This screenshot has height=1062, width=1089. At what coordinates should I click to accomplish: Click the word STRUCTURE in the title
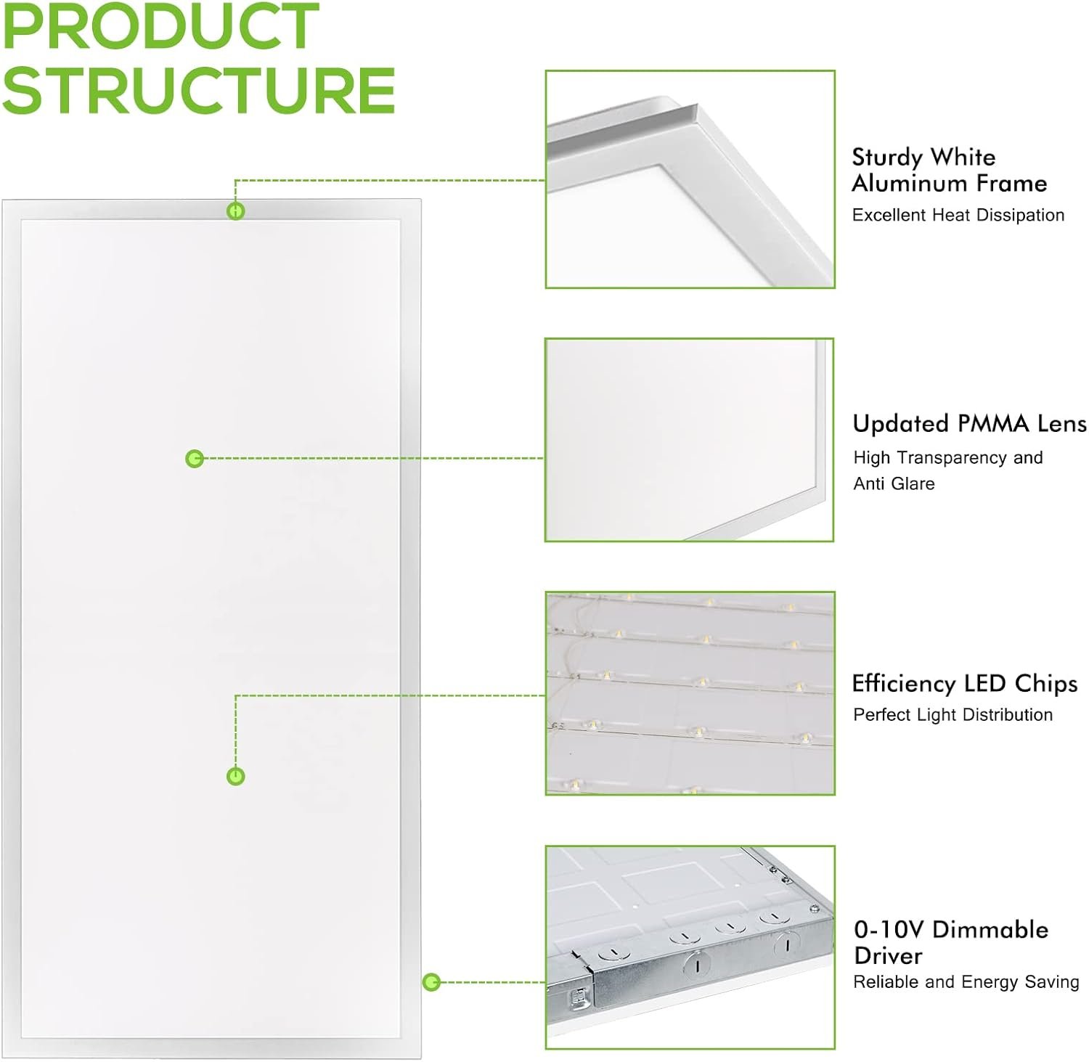199,90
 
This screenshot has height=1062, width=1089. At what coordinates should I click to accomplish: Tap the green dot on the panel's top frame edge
235,211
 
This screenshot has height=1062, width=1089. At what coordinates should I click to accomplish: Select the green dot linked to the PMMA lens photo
194,459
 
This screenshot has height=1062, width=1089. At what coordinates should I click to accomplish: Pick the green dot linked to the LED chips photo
235,777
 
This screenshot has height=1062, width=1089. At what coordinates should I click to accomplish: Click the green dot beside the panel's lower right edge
431,982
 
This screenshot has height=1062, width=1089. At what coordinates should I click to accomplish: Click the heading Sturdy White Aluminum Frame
949,170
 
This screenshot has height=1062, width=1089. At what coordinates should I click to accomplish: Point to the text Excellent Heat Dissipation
958,215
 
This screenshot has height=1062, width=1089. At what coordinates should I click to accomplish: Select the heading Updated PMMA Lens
970,423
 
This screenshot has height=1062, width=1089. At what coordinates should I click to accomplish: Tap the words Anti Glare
894,483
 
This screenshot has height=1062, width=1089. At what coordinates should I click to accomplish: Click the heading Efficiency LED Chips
965,684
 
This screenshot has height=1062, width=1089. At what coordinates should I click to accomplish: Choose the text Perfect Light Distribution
953,715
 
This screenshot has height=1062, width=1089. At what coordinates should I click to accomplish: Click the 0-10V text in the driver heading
889,929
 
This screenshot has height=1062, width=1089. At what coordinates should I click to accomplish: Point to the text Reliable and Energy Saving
966,982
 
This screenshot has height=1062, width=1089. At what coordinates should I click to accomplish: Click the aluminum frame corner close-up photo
690,179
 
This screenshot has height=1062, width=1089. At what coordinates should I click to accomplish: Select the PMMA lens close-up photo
690,440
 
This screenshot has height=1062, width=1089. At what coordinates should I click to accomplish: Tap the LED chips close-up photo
690,693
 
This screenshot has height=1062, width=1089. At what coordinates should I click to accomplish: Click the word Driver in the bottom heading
888,955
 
